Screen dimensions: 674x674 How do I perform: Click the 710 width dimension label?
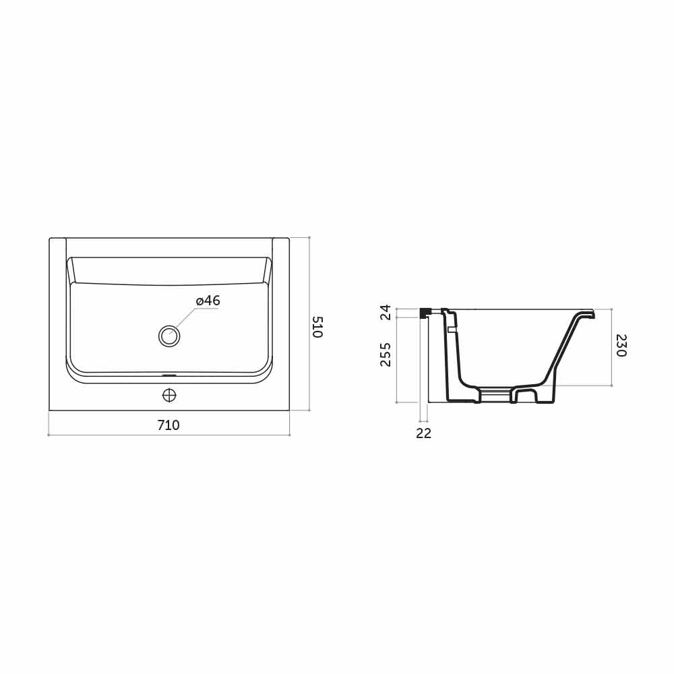click(x=168, y=425)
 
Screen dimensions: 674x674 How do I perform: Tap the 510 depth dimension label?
click(x=317, y=327)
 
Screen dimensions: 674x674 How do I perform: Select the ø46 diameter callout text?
click(x=208, y=301)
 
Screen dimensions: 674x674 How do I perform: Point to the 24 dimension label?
click(x=386, y=313)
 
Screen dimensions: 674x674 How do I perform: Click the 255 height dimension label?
click(x=386, y=355)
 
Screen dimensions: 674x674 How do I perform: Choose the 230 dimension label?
click(x=621, y=346)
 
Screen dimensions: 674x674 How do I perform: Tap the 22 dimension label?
click(x=423, y=433)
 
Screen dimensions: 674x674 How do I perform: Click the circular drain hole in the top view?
click(x=169, y=336)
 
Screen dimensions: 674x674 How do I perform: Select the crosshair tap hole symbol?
click(x=169, y=395)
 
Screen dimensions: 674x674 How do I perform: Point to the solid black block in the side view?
click(x=425, y=313)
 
